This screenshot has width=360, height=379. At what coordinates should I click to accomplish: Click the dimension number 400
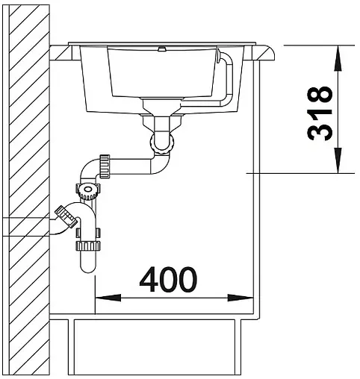(x=168, y=279)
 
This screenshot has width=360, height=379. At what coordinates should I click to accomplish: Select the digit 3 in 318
(x=319, y=131)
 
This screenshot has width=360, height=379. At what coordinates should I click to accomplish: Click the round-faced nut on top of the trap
(x=89, y=192)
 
